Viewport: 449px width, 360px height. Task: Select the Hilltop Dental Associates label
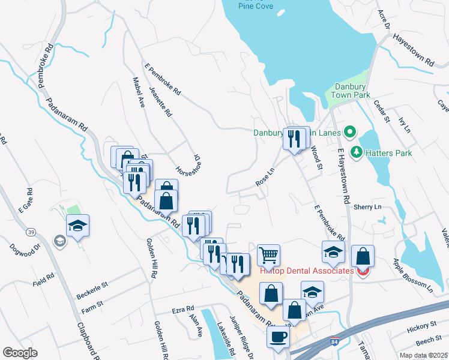tap(306, 271)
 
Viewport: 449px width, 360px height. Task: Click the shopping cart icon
tap(269, 254)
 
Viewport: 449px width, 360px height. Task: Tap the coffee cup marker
tap(278, 337)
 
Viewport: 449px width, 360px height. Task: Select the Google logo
tap(20, 353)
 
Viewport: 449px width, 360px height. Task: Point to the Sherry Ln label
tap(368, 206)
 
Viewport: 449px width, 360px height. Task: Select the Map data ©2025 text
tap(423, 355)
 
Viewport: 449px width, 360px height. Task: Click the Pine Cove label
tap(255, 6)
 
